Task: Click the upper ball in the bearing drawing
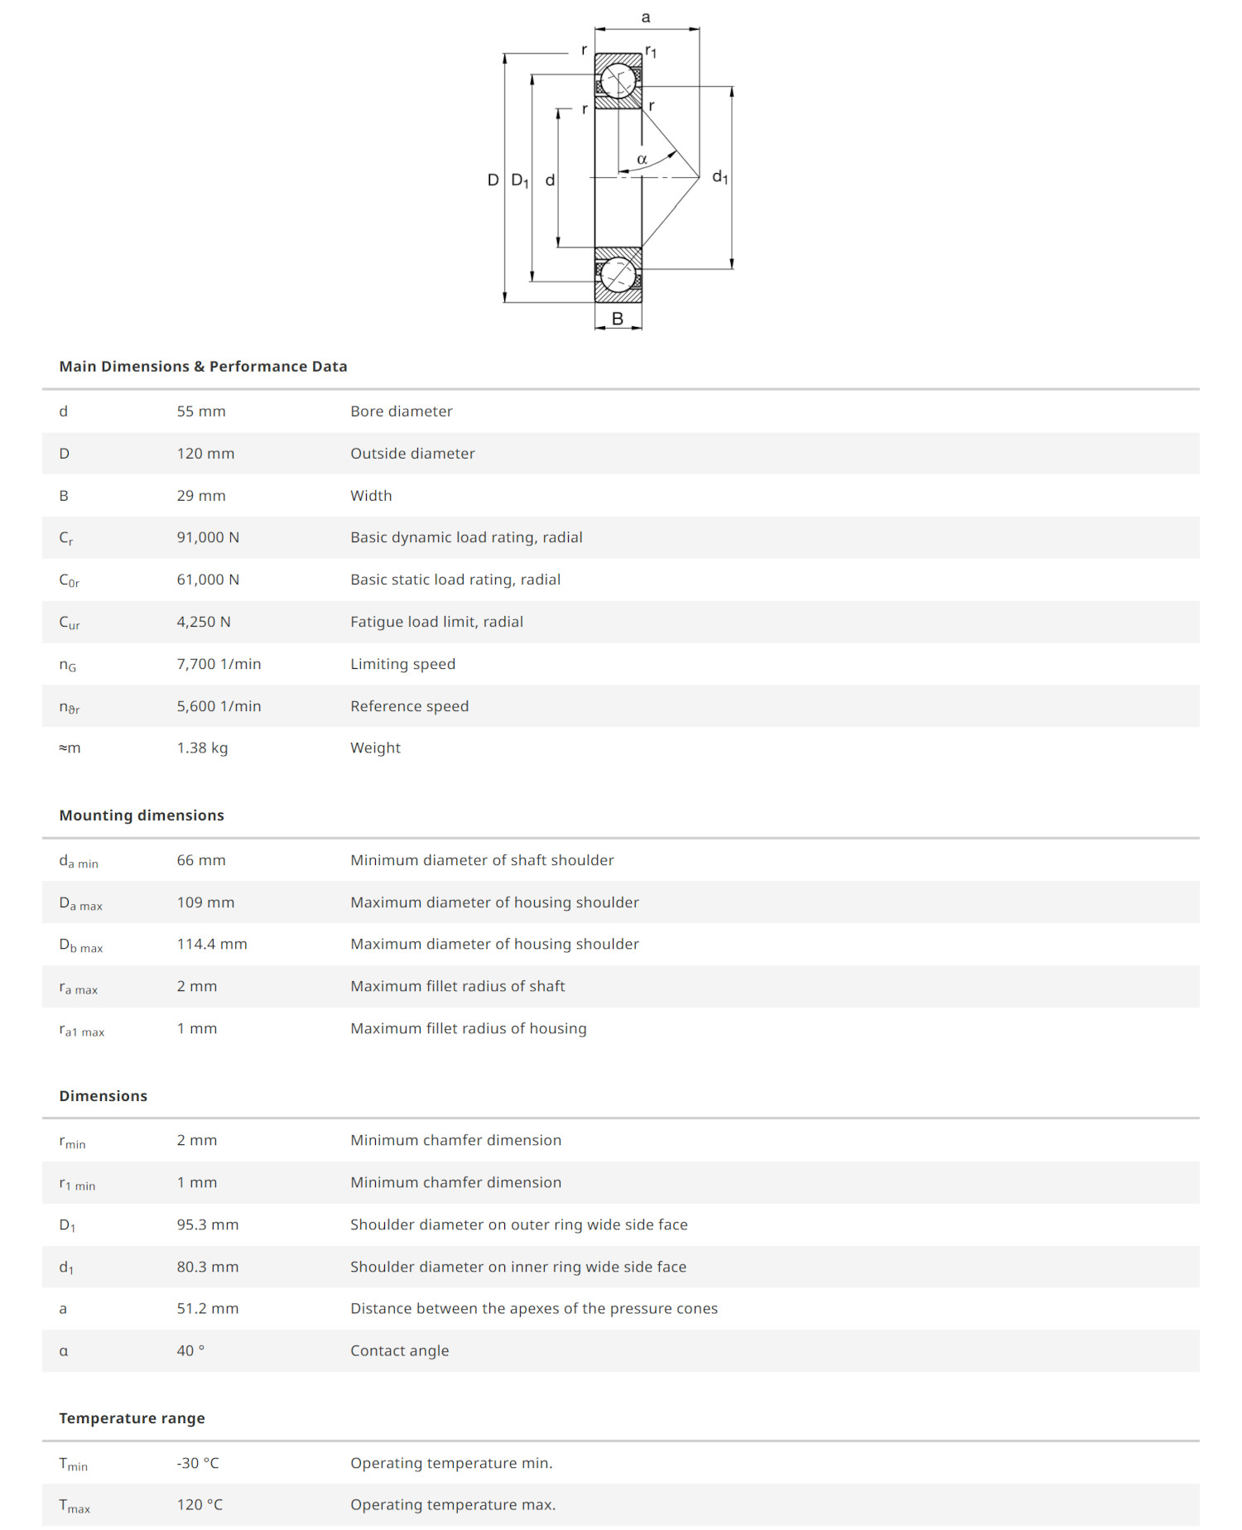point(618,81)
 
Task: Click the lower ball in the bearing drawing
point(618,274)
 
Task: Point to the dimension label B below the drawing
point(618,319)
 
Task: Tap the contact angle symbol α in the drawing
point(642,159)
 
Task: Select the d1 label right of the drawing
point(720,176)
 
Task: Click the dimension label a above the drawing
point(646,17)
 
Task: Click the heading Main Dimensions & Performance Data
point(203,366)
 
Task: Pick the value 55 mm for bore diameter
point(200,411)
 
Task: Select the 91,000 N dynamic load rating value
point(208,537)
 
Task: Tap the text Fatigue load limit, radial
point(436,622)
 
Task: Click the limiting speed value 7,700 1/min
point(219,664)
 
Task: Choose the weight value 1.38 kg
point(202,748)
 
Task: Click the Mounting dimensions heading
point(142,816)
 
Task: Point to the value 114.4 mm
point(211,944)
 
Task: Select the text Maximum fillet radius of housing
point(468,1028)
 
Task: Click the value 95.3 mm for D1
point(207,1224)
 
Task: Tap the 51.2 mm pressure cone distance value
point(207,1308)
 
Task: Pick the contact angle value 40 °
point(190,1350)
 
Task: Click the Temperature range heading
point(132,1418)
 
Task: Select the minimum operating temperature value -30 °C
point(198,1463)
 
